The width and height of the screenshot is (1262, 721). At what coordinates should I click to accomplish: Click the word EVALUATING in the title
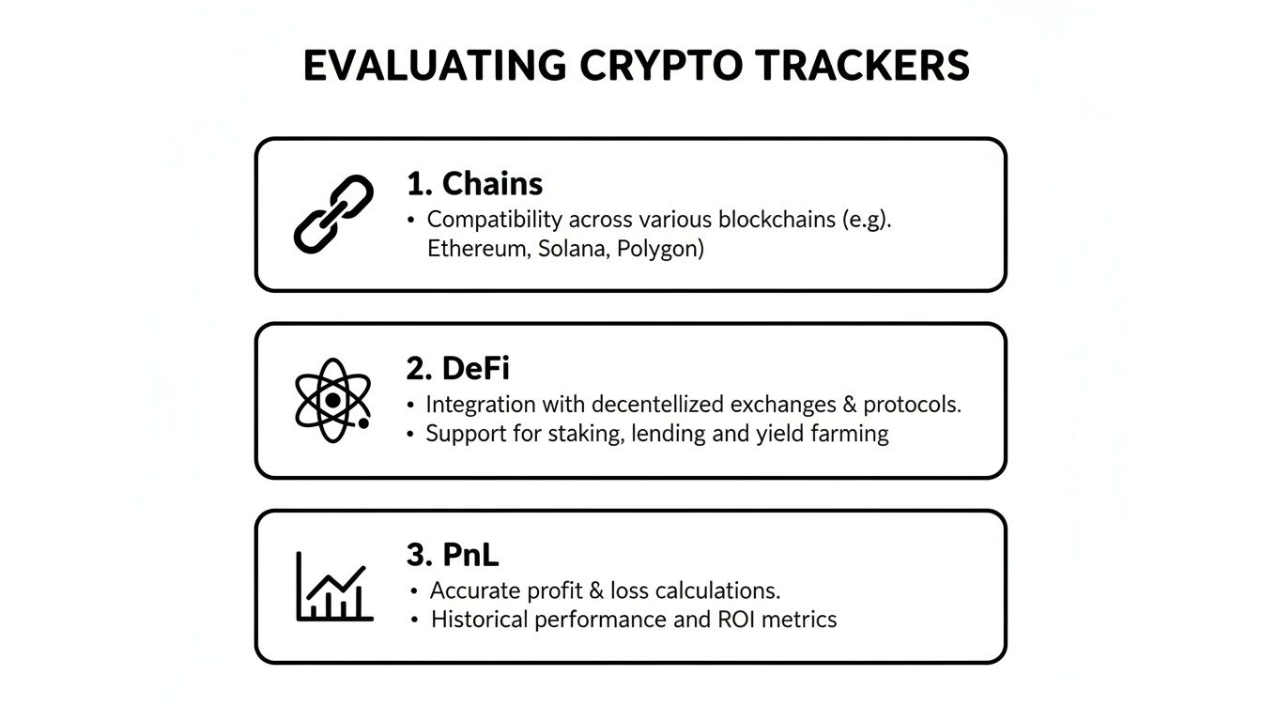point(435,67)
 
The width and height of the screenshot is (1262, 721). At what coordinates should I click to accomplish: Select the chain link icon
point(333,213)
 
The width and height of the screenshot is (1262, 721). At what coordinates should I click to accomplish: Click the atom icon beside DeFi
point(332,400)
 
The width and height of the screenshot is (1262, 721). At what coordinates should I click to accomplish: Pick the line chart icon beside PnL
point(334,587)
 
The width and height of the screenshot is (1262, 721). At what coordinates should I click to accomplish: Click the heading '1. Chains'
point(474,183)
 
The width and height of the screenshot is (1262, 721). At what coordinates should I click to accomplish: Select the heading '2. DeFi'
point(457,369)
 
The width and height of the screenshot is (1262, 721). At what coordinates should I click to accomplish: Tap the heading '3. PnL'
point(452,555)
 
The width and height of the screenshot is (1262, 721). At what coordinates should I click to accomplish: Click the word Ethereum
point(478,250)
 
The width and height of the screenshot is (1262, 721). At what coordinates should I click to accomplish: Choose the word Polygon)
point(660,250)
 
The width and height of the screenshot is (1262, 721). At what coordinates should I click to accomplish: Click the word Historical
point(479,620)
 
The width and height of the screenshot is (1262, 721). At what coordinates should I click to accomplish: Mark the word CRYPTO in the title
point(661,67)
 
